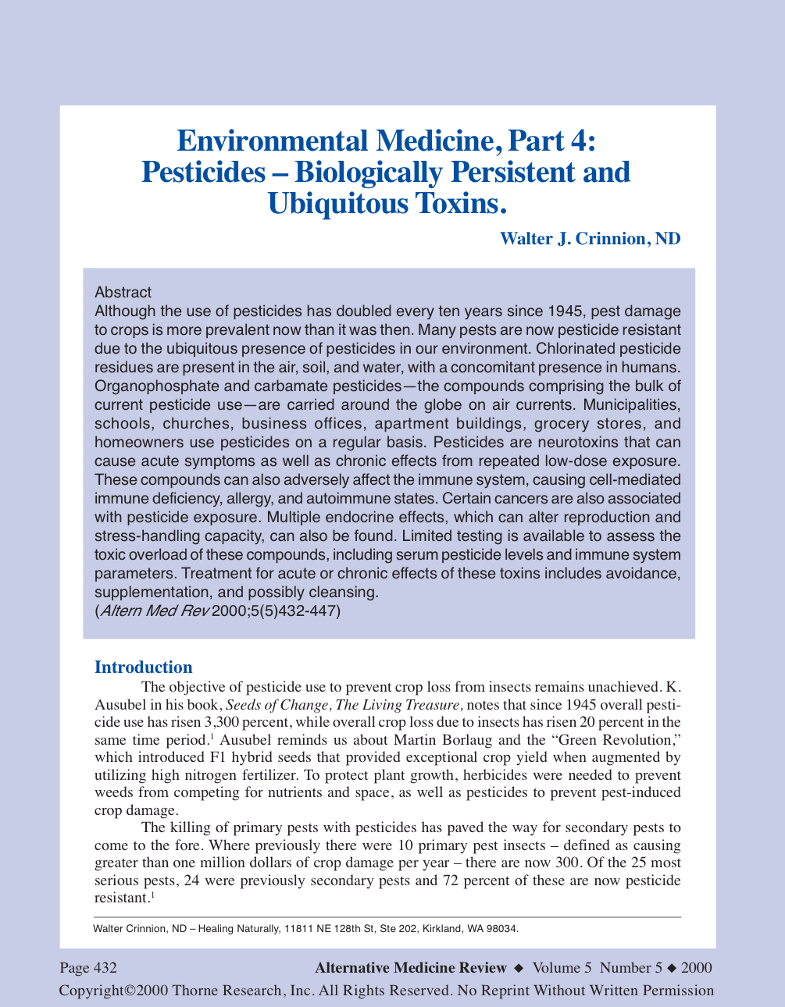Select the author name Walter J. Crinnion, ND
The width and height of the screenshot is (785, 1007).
[590, 239]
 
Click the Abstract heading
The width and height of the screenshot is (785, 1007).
[123, 293]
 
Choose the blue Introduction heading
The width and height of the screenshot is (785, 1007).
[143, 667]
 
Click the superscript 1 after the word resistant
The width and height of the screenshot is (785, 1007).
[152, 895]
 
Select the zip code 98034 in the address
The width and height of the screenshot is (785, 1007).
[502, 929]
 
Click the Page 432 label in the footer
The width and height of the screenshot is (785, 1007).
[88, 968]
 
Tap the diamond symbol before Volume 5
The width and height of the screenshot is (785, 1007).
[519, 969]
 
